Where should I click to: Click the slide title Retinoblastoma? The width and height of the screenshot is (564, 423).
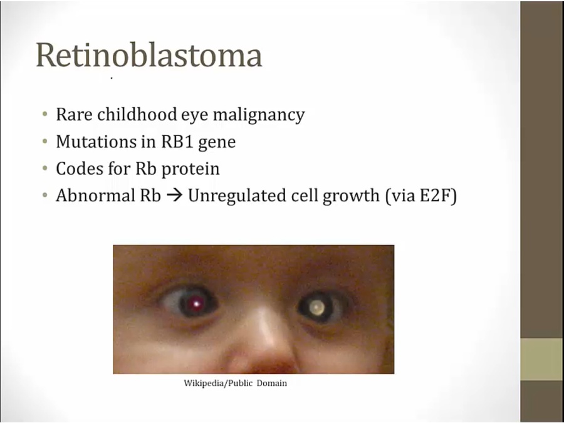pos(149,55)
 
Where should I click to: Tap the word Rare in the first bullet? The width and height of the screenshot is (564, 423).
pos(74,115)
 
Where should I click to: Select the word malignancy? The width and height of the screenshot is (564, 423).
pos(259,115)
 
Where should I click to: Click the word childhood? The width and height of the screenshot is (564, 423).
pos(137,114)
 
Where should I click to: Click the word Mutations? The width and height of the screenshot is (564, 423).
pos(96,142)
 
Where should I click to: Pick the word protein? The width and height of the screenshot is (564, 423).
pos(191,169)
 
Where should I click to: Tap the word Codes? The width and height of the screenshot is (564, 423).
pos(80,169)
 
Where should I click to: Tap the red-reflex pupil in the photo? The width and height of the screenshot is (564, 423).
pos(196,305)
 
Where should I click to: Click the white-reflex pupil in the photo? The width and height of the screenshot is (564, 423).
pos(316,307)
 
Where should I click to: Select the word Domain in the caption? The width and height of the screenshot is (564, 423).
pos(271,383)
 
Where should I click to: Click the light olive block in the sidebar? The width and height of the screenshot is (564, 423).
pos(541,359)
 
